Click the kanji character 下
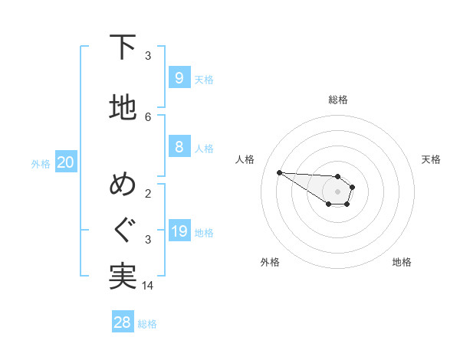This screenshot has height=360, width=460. (x=123, y=47)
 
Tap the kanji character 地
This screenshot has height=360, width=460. (x=123, y=108)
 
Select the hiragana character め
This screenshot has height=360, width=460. (x=123, y=187)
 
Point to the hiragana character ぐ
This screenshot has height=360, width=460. (x=123, y=231)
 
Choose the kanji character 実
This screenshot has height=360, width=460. (x=123, y=276)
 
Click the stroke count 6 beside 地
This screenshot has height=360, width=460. (x=148, y=116)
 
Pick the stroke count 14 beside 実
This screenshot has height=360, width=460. (x=148, y=285)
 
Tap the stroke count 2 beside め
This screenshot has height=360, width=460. (x=148, y=193)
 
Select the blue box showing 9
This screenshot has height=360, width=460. (x=179, y=78)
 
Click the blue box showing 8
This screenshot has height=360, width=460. (x=179, y=147)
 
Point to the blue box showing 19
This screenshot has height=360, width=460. (x=179, y=231)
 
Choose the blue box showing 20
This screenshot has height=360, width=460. (x=66, y=162)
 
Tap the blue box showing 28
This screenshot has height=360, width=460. (x=123, y=322)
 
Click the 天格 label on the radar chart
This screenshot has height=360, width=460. (x=431, y=159)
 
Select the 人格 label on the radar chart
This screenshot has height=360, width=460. (x=245, y=159)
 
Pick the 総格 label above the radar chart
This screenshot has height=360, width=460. (x=338, y=100)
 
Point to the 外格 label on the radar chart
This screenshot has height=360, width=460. (x=270, y=262)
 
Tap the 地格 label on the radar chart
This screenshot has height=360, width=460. (x=402, y=262)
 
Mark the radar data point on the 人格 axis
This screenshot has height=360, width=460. (x=279, y=172)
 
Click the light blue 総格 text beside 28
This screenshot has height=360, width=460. (x=147, y=324)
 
